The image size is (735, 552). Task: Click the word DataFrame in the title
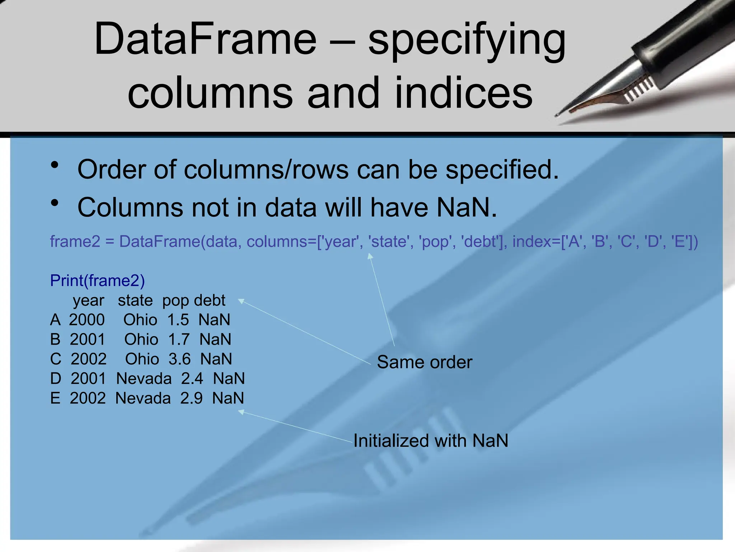(x=205, y=39)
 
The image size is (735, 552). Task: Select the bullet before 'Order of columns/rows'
(x=55, y=165)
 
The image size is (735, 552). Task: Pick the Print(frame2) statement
(x=97, y=281)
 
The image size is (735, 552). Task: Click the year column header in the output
(x=88, y=300)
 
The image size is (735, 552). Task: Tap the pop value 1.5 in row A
(x=178, y=320)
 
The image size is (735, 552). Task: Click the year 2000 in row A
(x=87, y=320)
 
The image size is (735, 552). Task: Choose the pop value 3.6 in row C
(x=179, y=359)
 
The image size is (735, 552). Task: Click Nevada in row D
(x=144, y=379)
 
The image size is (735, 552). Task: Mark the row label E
(x=55, y=398)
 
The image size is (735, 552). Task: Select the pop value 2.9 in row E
(x=191, y=398)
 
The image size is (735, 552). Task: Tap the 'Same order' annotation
(x=425, y=362)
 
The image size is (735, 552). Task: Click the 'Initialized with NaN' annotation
(x=431, y=441)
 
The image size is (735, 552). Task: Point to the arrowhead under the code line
(x=370, y=256)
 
